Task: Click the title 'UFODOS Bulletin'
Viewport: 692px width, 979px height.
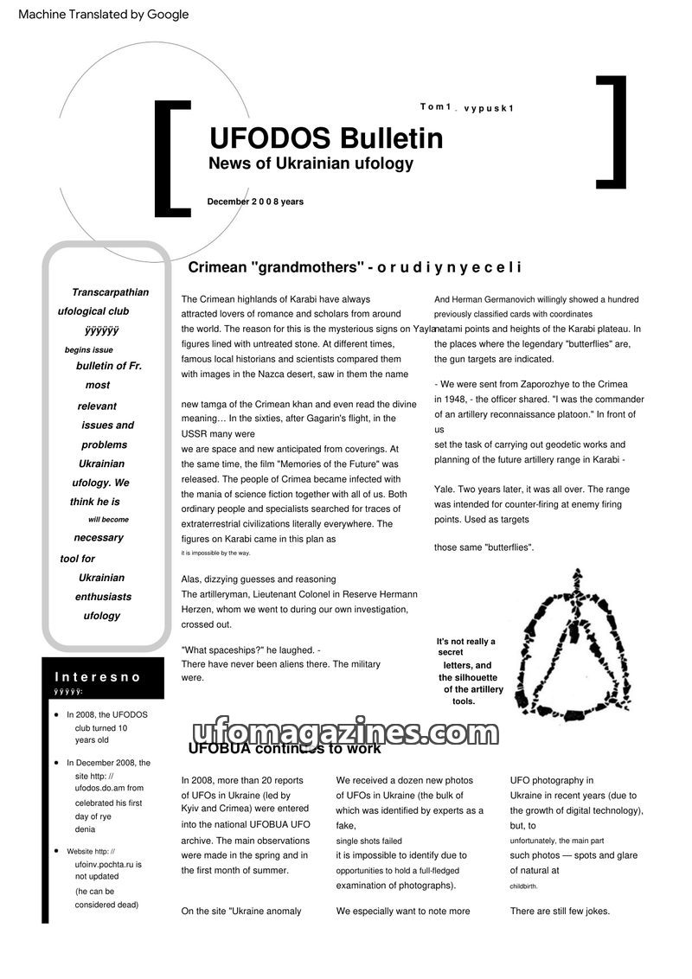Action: [326, 138]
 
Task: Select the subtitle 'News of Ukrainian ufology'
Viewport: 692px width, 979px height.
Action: [311, 163]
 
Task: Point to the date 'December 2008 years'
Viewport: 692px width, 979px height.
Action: [255, 202]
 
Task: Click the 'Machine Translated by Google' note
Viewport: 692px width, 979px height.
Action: [103, 15]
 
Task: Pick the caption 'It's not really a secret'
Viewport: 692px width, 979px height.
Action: [465, 646]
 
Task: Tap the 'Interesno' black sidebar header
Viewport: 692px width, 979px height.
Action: [98, 677]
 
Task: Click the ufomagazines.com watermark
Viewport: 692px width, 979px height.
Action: [342, 733]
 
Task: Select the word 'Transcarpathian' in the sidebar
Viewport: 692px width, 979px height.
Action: [110, 292]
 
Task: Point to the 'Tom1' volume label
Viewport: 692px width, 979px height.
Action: [436, 106]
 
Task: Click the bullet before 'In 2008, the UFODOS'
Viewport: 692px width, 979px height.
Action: [56, 715]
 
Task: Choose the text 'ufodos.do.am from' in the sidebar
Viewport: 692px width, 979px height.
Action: [109, 788]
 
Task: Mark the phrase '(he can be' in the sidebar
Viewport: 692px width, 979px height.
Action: [94, 891]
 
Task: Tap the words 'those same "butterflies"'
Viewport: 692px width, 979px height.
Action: [484, 547]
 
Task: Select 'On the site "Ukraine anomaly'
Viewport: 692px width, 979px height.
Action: [241, 911]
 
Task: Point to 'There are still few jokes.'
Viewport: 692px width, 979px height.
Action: [560, 911]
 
